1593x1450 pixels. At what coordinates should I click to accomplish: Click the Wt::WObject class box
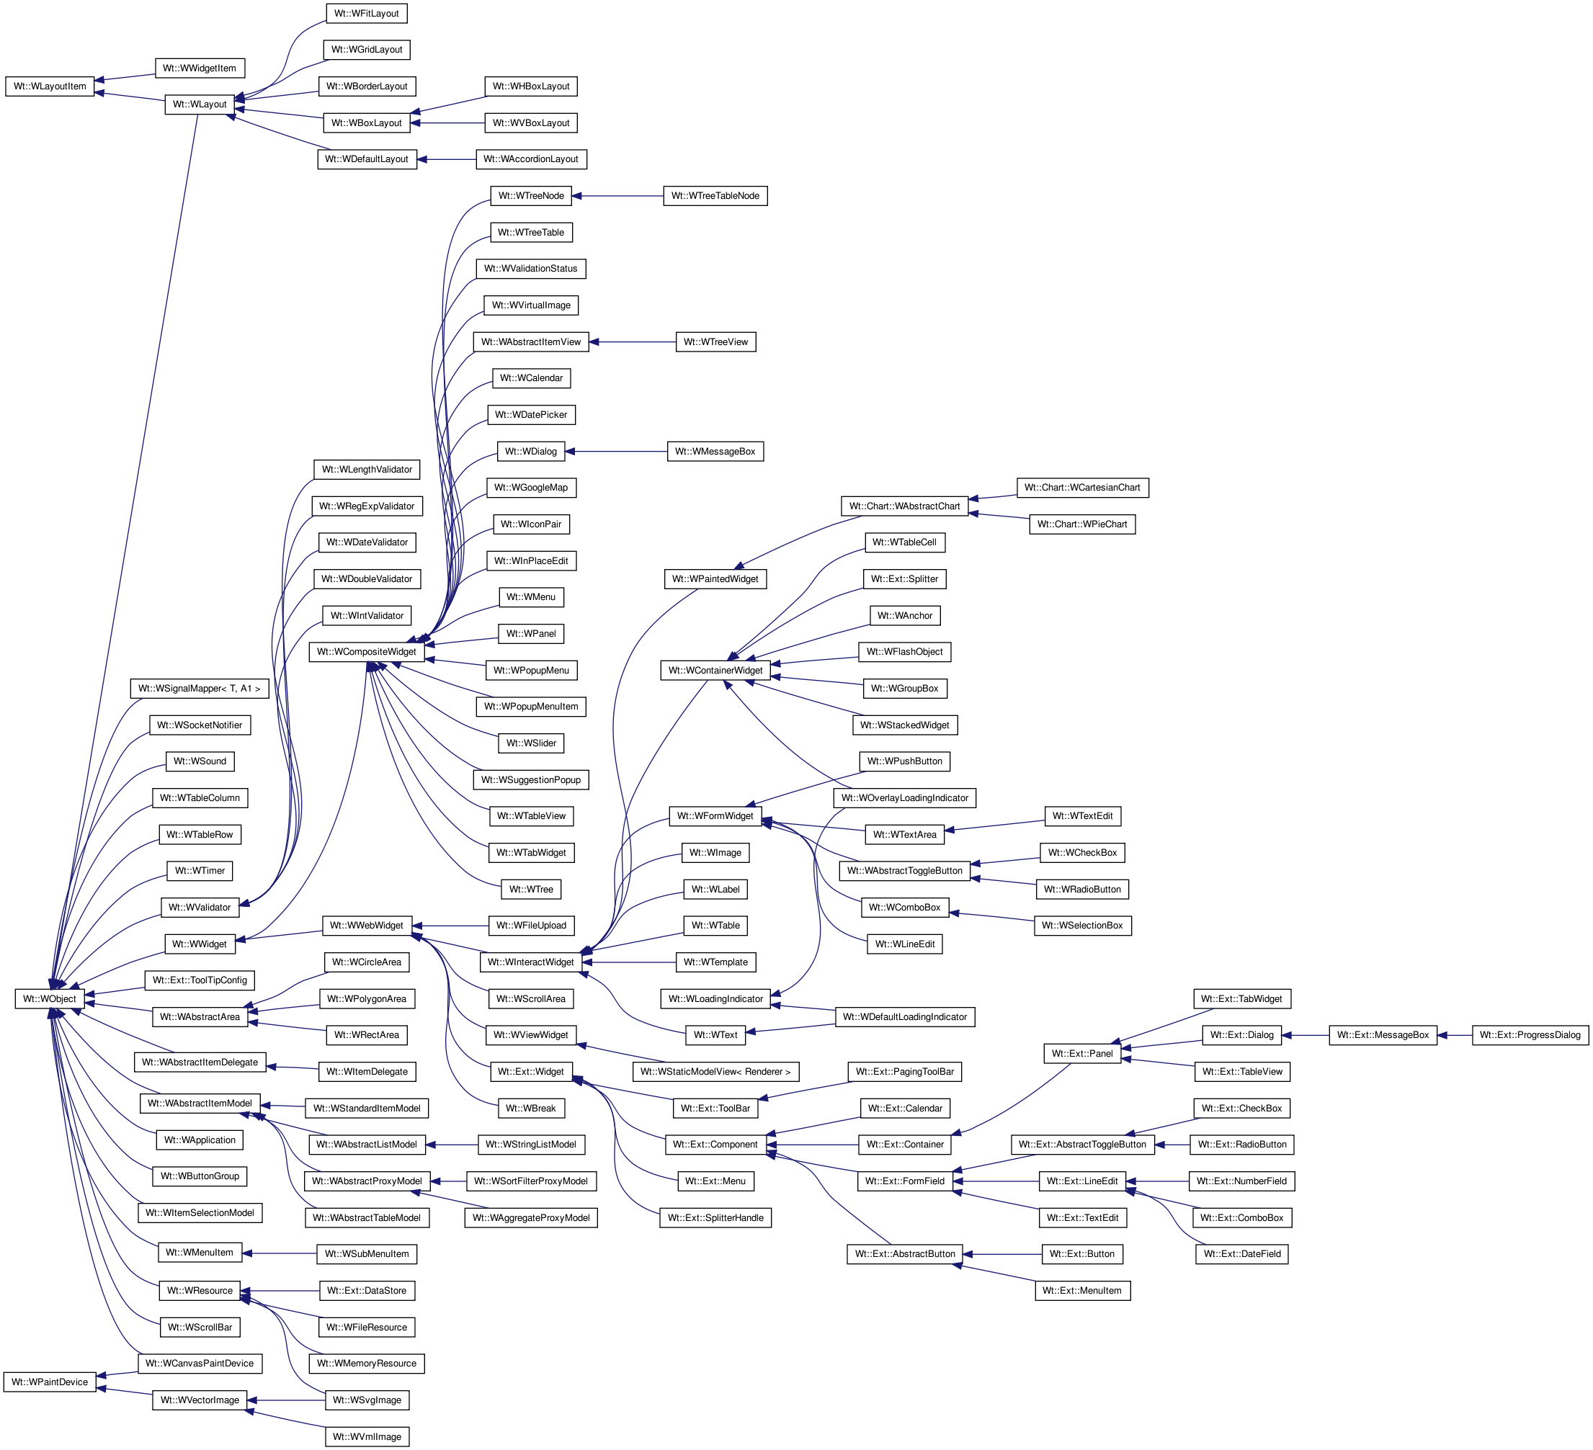(x=49, y=999)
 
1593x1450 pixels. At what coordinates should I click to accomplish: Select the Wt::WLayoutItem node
(x=50, y=86)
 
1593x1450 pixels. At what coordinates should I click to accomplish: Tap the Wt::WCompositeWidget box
(x=366, y=652)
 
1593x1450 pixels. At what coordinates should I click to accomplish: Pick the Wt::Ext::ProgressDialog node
(x=1530, y=1035)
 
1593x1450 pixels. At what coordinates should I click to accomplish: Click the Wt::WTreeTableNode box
(x=715, y=196)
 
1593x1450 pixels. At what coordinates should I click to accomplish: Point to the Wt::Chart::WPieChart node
(x=1081, y=524)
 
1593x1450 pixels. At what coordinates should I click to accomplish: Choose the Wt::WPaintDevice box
(x=50, y=1382)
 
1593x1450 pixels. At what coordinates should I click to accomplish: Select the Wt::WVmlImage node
(x=367, y=1436)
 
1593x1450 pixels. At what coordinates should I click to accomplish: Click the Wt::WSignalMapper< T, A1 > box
(x=199, y=688)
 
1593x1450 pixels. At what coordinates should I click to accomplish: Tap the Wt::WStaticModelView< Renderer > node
(x=715, y=1072)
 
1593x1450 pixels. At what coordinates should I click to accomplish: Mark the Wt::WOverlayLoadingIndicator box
(x=905, y=798)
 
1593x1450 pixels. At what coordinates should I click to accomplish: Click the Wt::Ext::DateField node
(x=1241, y=1254)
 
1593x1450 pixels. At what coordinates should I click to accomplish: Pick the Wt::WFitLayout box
(x=366, y=14)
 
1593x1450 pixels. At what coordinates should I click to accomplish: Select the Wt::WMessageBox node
(x=715, y=452)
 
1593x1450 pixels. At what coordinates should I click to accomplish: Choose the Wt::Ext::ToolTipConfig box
(x=199, y=980)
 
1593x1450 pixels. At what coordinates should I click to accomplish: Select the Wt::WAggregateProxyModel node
(x=531, y=1217)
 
